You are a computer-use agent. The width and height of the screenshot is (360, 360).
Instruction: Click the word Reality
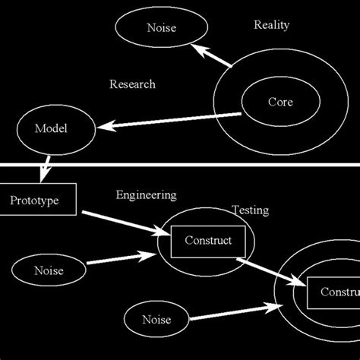coord(272,25)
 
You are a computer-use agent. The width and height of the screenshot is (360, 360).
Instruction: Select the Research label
coord(132,84)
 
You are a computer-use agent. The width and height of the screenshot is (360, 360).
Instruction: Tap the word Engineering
coord(146,195)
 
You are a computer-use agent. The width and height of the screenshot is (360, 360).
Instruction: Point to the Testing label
coord(250,210)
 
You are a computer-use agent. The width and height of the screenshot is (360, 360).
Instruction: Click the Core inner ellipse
coord(279,102)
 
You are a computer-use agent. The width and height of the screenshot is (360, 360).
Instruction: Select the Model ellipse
coord(51,128)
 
